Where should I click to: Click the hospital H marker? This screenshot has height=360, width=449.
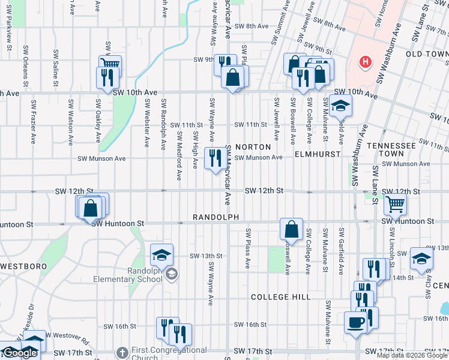(364, 62)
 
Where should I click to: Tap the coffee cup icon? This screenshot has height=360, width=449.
(355, 323)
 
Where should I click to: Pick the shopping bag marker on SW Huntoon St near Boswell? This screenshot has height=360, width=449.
(291, 229)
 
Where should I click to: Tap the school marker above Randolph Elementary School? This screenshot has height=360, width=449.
(161, 255)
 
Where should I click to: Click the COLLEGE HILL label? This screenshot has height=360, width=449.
(280, 297)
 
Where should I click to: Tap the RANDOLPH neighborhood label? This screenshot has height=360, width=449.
(216, 217)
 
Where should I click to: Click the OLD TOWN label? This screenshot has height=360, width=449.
(427, 54)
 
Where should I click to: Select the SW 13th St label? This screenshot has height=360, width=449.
(206, 256)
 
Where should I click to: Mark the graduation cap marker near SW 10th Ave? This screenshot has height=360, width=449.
(341, 106)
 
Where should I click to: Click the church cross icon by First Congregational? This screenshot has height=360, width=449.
(122, 352)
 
